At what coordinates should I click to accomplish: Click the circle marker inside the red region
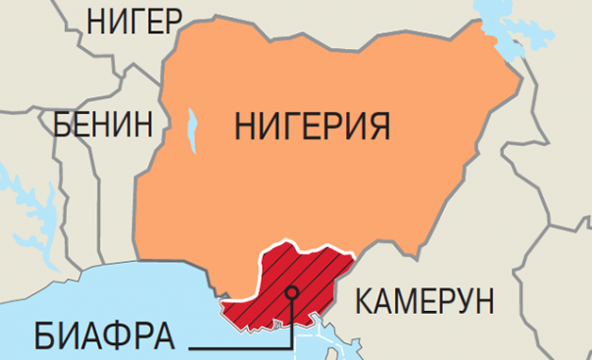pyautogui.click(x=291, y=291)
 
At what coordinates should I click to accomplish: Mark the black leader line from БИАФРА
pyautogui.click(x=235, y=346)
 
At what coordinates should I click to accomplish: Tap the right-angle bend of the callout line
pyautogui.click(x=291, y=346)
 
